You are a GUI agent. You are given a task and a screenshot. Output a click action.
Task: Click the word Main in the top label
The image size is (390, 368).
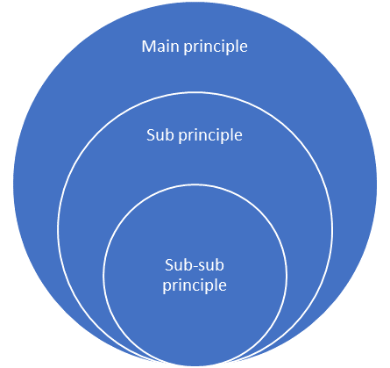pyautogui.click(x=160, y=46)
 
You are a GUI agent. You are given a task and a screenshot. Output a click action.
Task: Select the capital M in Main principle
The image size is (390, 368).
pyautogui.click(x=149, y=46)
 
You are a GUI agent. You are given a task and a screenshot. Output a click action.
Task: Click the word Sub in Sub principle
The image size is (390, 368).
pyautogui.click(x=158, y=135)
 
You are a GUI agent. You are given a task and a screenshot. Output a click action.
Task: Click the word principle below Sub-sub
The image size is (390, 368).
pyautogui.click(x=195, y=285)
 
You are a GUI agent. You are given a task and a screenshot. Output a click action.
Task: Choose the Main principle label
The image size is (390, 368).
pyautogui.click(x=195, y=46)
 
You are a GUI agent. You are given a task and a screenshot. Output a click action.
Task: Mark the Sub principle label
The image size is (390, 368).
pyautogui.click(x=195, y=136)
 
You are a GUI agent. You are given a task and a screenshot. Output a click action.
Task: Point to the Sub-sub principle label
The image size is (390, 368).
pyautogui.click(x=195, y=276)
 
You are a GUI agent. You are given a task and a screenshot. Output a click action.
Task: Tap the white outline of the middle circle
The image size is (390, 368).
pyautogui.click(x=59, y=228)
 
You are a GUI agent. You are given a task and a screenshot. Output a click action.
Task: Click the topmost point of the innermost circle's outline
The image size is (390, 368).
pyautogui.click(x=195, y=184)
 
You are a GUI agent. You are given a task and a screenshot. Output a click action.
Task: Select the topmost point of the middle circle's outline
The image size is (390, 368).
pyautogui.click(x=195, y=92)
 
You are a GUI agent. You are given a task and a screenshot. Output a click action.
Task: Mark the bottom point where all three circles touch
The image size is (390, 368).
pyautogui.click(x=195, y=364)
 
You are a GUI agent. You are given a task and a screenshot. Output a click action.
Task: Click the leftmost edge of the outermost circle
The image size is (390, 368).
pyautogui.click(x=14, y=184)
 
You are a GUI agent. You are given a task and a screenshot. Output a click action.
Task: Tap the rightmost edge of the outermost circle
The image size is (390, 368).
pyautogui.click(x=377, y=184)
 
